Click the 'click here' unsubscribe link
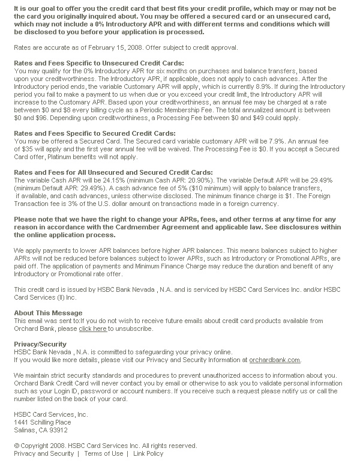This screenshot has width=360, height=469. coord(92,329)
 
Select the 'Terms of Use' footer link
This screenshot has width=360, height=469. coord(103,453)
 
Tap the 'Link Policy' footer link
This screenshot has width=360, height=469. coord(148,453)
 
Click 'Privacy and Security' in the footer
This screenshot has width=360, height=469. coord(44,453)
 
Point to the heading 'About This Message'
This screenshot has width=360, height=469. coord(48,313)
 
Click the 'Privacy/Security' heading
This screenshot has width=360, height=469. coord(40,344)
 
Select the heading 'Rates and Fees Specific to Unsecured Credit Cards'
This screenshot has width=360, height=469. coord(99,63)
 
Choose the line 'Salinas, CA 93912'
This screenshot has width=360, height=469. coord(40,430)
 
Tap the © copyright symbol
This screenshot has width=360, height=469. coord(17,446)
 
